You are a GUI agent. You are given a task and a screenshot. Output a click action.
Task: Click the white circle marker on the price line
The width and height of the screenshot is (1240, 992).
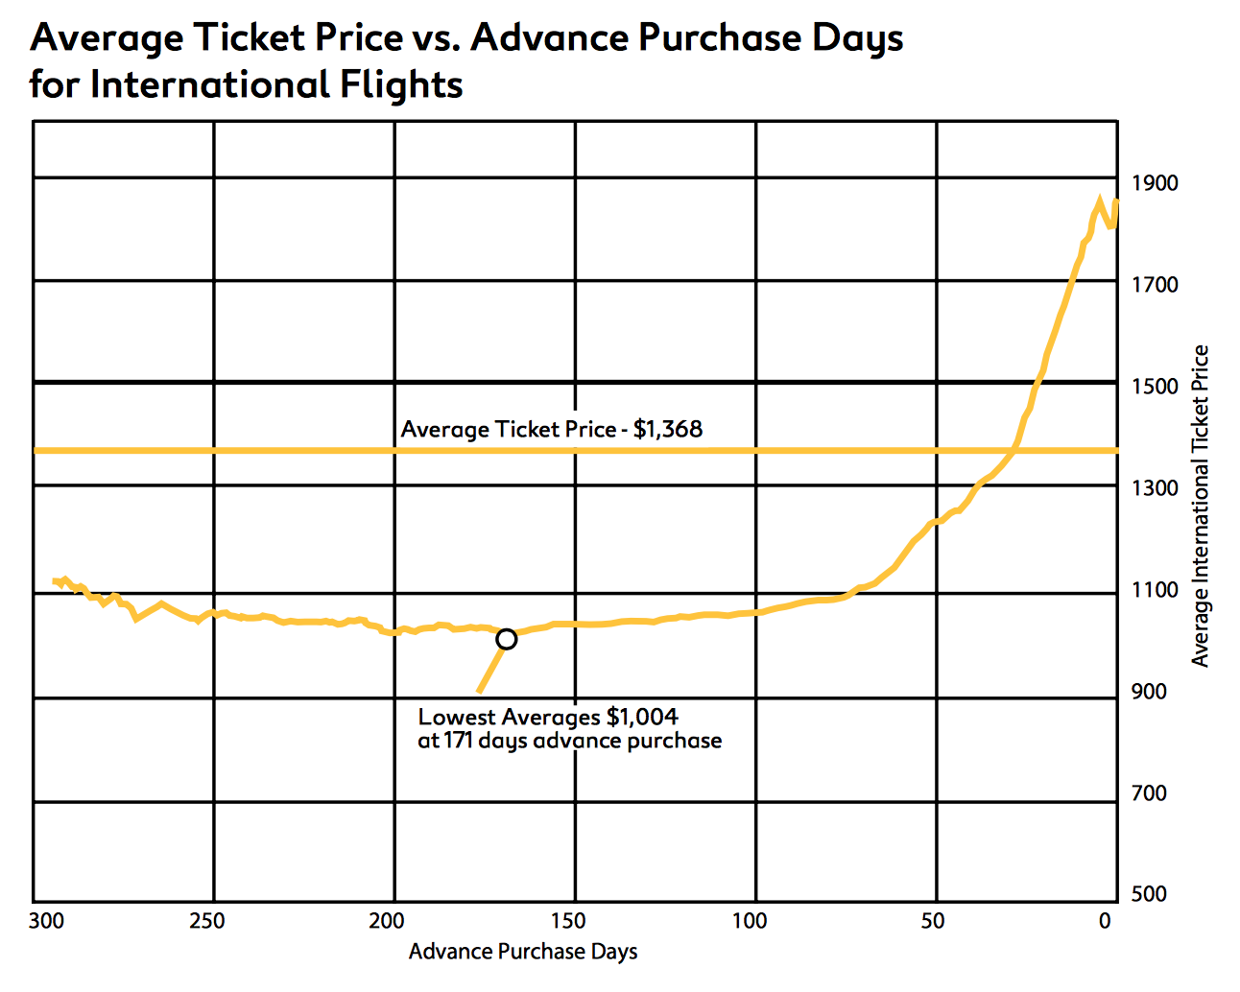[506, 639]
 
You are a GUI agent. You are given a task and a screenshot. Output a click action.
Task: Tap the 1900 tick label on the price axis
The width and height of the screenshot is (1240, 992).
[1155, 182]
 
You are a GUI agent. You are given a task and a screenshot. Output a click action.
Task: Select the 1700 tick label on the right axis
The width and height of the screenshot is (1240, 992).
[1155, 285]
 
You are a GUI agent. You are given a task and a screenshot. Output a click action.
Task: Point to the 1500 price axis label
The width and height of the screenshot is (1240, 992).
[1155, 387]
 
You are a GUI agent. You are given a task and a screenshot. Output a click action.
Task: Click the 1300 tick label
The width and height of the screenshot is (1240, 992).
[1155, 488]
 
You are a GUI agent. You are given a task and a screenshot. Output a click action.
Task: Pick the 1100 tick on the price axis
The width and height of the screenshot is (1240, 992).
[1155, 590]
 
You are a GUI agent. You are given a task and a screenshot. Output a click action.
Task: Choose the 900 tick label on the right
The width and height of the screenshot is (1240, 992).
[1149, 692]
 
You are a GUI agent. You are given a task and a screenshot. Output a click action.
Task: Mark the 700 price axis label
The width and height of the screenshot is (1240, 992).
[1149, 793]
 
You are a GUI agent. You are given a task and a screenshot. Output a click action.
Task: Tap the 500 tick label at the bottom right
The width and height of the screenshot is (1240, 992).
[1149, 894]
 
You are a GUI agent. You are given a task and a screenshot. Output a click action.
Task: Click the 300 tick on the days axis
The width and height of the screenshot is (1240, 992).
[46, 922]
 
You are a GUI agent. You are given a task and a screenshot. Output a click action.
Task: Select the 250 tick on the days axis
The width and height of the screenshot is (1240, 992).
[206, 922]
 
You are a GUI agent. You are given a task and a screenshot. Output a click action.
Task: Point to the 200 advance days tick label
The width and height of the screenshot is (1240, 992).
[387, 922]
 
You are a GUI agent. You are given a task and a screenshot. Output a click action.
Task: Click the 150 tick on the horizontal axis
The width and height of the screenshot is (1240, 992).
[567, 922]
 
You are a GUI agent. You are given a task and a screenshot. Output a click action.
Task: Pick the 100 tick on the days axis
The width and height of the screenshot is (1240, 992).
[749, 922]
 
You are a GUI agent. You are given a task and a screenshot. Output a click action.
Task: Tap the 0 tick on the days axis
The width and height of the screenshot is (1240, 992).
[1105, 922]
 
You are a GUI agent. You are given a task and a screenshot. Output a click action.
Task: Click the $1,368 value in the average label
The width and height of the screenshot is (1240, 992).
[668, 429]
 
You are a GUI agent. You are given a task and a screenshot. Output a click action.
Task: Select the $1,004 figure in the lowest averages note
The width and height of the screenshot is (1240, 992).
[642, 717]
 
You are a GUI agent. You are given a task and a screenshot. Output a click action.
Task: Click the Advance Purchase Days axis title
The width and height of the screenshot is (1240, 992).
[523, 952]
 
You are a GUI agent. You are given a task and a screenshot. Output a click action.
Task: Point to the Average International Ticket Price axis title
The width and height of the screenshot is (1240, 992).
[1200, 506]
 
